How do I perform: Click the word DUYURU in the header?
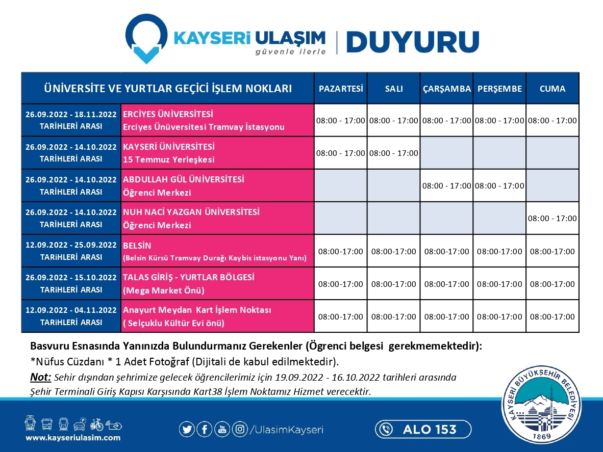[x=413, y=41]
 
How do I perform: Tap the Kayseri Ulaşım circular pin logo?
[x=146, y=38]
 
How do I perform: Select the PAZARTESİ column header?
[x=341, y=89]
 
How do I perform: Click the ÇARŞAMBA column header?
[x=447, y=89]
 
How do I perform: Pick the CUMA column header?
[x=552, y=89]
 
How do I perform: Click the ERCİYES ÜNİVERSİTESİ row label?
[x=168, y=114]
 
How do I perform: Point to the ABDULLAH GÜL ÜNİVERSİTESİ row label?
[x=184, y=179]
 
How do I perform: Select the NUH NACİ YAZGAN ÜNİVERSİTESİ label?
[x=191, y=212]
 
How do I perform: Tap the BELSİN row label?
[x=137, y=246]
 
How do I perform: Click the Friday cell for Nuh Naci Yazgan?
[x=552, y=219]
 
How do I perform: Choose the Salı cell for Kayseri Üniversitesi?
[x=394, y=153]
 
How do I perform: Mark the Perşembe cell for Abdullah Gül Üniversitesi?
[x=499, y=186]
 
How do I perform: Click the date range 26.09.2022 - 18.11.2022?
[x=71, y=114]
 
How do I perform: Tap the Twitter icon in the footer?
[x=187, y=430]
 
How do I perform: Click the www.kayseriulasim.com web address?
[x=73, y=437]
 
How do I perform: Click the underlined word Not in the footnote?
[x=40, y=378]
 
